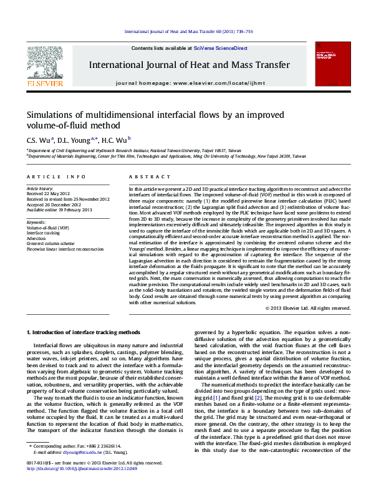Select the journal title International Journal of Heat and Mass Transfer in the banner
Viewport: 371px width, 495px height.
pos(190,65)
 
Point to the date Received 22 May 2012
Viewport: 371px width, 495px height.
pos(48,193)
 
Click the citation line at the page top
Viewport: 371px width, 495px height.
pos(188,31)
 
